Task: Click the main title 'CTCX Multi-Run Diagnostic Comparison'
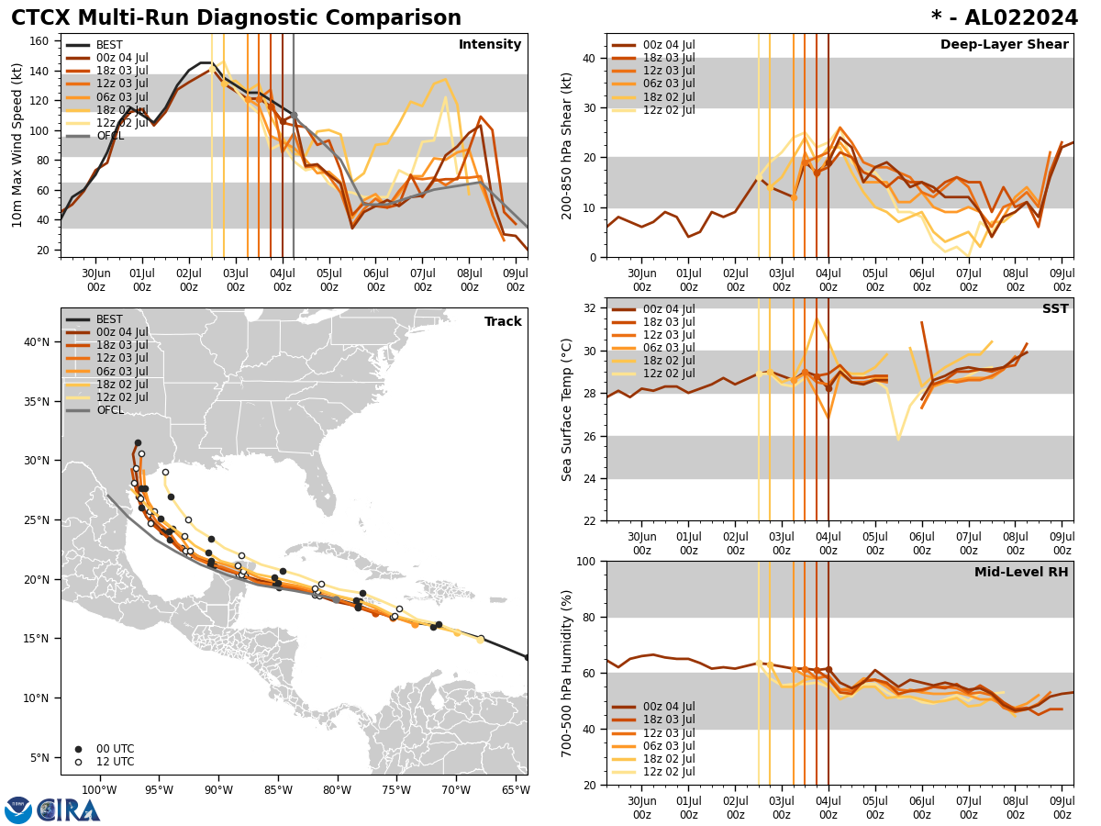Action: pos(236,18)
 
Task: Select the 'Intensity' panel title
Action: pos(490,45)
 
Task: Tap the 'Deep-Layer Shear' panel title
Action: pos(1004,45)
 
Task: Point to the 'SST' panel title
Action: pos(1055,309)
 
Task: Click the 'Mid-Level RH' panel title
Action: pos(1021,573)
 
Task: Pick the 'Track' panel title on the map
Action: pos(503,322)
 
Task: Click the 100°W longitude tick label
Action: pos(98,791)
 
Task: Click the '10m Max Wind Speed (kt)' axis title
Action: pos(17,146)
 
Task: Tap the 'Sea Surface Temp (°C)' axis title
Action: pos(567,409)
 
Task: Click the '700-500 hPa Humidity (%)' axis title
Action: pos(567,673)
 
